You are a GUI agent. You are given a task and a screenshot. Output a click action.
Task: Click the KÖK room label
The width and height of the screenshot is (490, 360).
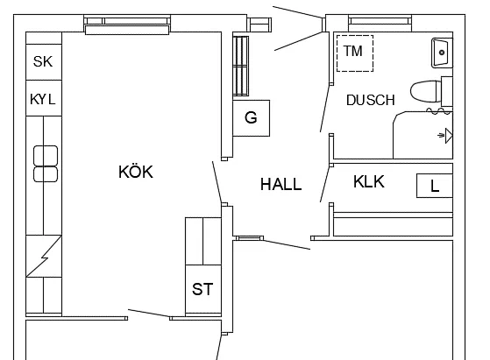136,172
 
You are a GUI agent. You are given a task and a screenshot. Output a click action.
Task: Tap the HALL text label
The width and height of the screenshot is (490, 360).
281,184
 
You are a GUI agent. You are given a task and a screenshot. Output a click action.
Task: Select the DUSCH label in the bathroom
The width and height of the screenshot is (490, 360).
371,100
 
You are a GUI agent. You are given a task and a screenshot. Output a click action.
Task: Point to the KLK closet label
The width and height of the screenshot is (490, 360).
369,181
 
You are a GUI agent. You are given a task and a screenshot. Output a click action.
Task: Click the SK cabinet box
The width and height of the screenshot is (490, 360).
44,62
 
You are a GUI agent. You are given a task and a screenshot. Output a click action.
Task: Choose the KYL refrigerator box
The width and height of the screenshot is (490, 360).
44,98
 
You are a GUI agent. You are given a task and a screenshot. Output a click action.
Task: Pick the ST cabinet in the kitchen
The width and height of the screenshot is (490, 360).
203,289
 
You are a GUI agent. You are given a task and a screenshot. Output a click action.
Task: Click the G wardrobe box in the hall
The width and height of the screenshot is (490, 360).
252,118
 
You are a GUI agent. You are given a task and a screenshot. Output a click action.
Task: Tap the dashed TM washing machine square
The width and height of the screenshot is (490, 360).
355,53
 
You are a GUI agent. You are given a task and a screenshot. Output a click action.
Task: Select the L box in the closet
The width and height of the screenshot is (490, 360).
435,186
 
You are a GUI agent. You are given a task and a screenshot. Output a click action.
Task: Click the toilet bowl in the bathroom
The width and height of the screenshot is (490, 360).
426,91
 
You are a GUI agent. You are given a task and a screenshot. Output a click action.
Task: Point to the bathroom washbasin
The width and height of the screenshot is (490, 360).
442,53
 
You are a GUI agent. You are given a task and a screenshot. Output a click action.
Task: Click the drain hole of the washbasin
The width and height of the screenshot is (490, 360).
442,53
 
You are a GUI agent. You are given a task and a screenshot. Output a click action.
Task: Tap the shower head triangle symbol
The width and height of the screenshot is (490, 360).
449,136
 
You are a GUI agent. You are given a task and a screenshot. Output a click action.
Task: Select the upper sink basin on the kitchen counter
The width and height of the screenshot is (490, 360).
46,155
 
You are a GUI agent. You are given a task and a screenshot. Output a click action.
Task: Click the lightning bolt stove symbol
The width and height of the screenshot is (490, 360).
44,256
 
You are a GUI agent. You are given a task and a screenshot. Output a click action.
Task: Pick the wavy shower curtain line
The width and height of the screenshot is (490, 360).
439,110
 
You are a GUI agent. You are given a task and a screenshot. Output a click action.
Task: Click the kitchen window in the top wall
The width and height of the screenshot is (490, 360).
127,25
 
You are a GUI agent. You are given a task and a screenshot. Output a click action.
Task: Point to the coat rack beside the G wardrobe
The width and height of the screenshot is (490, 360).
241,66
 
